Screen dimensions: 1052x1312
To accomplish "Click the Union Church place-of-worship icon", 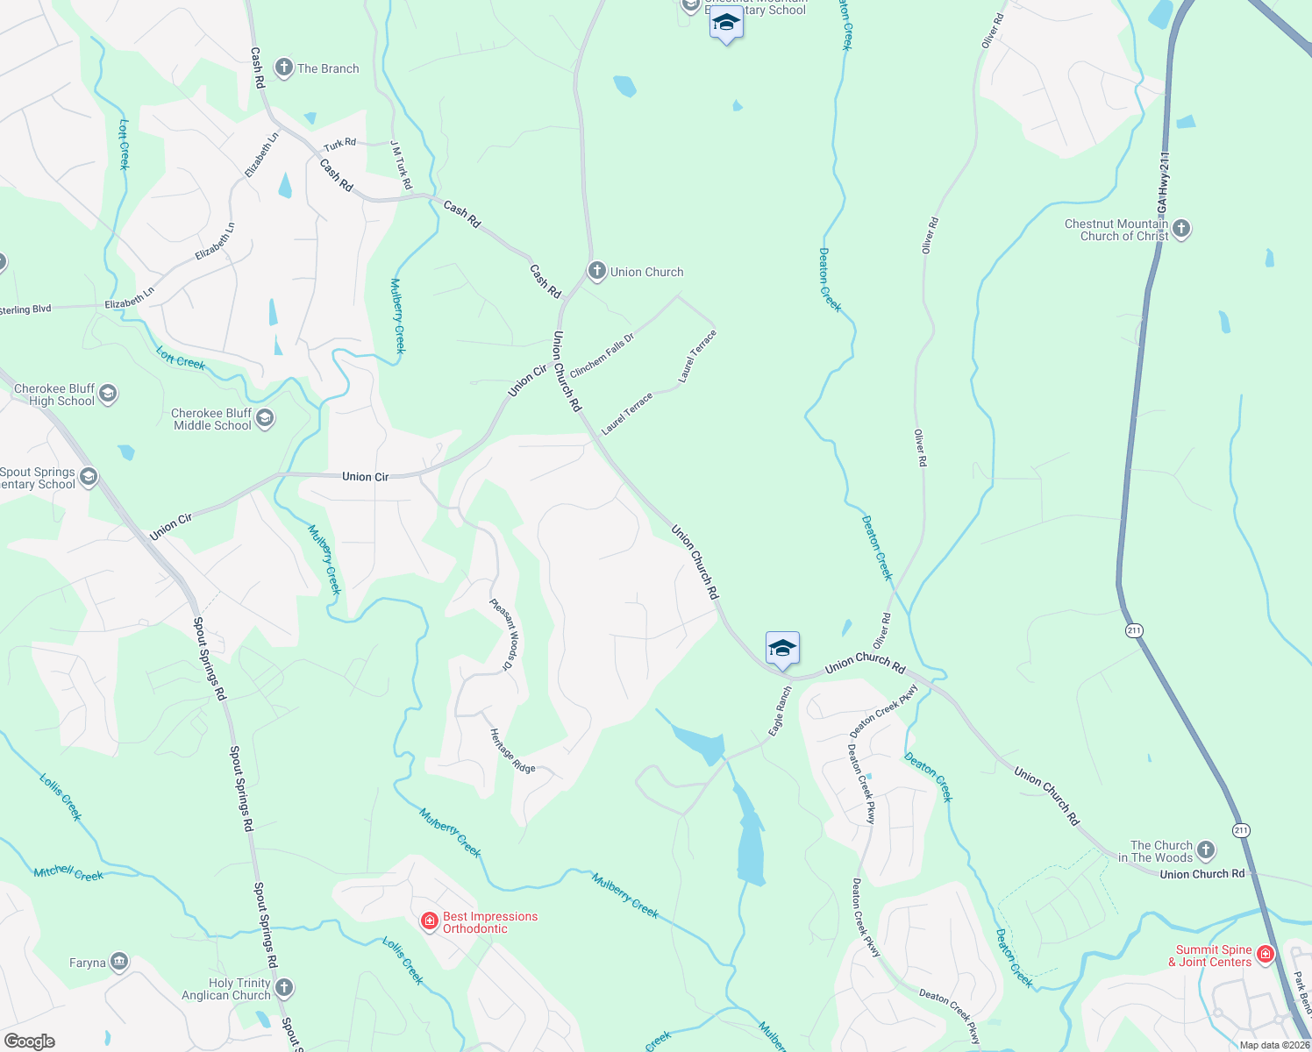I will click(597, 271).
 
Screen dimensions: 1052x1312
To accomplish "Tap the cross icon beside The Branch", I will click(283, 68).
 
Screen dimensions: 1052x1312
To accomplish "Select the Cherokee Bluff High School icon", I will click(108, 394).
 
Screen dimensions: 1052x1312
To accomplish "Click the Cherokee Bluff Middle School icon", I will click(265, 418).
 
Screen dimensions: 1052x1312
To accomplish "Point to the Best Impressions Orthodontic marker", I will click(430, 921).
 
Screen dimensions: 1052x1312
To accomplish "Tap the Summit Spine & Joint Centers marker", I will click(1265, 955).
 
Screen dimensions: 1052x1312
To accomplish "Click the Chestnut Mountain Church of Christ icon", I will click(1181, 229).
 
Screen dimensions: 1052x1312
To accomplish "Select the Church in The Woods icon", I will click(1206, 850).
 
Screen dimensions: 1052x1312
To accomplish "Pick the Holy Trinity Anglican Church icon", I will click(284, 988).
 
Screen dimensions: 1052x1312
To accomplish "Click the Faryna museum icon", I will click(119, 963).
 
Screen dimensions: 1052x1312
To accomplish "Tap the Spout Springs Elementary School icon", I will click(89, 477).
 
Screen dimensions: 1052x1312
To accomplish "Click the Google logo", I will click(30, 1041).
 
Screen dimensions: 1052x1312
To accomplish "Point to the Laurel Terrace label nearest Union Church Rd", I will click(627, 414).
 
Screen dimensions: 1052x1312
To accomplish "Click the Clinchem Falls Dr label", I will click(602, 356).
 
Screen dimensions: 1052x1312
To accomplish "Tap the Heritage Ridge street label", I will click(512, 751).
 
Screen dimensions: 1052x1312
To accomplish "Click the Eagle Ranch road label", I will click(780, 710).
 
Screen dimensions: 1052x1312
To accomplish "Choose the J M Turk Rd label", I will click(401, 165).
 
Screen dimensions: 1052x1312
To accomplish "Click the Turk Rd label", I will click(339, 145).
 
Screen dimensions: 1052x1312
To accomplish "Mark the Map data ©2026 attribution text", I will click(1274, 1045).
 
